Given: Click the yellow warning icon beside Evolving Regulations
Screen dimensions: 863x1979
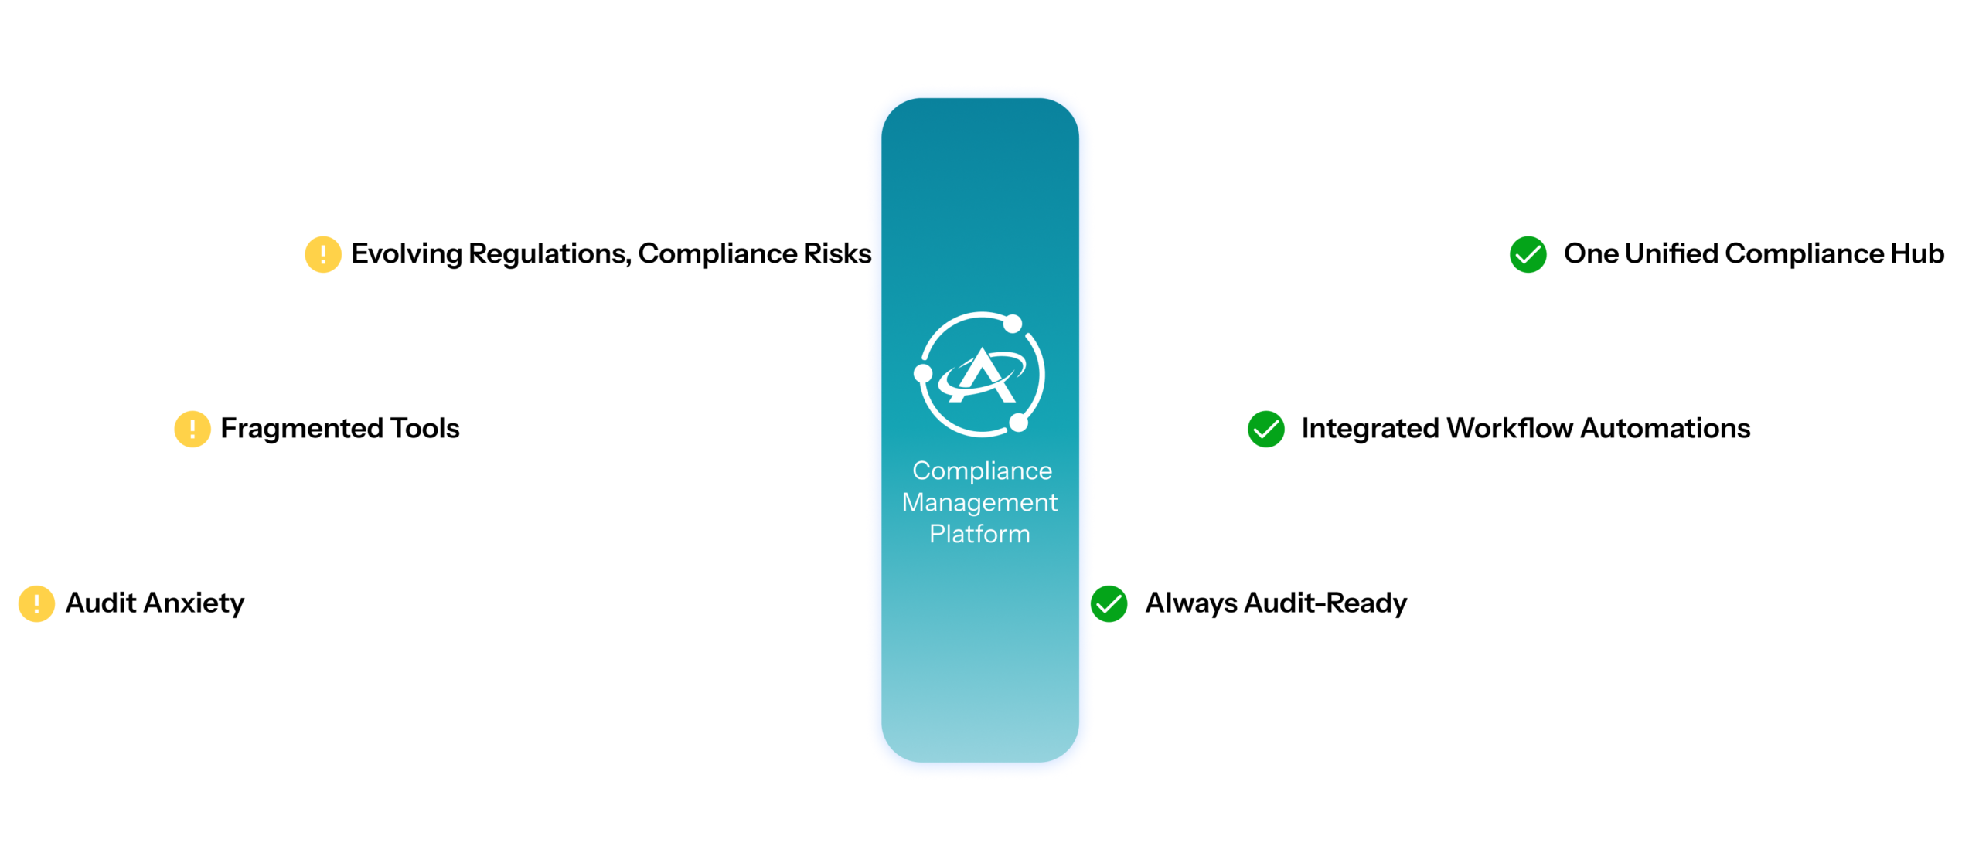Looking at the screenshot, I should coord(323,254).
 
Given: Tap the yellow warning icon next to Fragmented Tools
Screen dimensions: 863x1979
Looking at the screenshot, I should coord(192,429).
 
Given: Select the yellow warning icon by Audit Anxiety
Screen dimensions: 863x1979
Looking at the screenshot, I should coord(36,603).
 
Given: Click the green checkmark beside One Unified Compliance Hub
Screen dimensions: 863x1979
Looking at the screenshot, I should coord(1528,254).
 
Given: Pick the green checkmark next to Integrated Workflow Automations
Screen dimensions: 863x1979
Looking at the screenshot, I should coord(1266,429).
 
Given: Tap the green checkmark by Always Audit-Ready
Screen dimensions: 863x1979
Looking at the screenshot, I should coord(1109,603).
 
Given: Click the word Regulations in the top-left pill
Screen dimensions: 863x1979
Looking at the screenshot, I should coord(550,254).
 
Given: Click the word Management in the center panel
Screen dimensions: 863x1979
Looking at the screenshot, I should coord(979,502).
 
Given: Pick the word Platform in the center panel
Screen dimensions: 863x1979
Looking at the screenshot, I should coord(979,534).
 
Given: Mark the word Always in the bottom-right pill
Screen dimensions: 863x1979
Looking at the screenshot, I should coord(1191,603).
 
